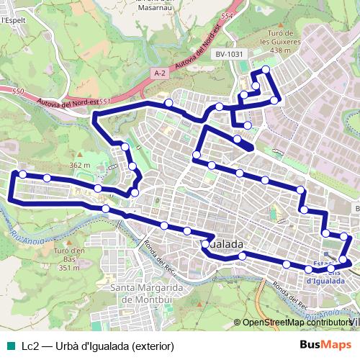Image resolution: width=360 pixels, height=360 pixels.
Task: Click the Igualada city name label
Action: [221, 245]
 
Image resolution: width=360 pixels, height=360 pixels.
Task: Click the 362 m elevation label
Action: [78, 166]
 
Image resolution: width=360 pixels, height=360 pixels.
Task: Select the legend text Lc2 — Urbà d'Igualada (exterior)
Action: [98, 346]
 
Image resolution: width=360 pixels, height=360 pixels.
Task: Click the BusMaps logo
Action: [326, 345]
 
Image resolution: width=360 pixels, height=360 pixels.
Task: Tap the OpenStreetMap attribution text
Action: [295, 322]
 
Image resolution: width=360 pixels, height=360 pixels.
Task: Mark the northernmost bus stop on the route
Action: [266, 70]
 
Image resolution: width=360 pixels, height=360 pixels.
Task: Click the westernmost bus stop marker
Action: [22, 174]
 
